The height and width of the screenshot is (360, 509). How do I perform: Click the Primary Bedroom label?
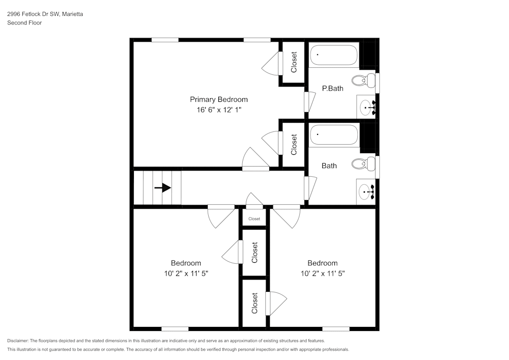219,99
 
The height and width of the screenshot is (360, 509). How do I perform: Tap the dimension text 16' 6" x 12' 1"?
219,109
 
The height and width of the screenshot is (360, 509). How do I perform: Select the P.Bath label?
332,88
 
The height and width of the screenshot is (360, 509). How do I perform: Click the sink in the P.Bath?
366,107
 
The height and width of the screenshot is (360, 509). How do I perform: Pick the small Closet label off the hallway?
254,219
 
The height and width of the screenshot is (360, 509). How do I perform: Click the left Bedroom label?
186,263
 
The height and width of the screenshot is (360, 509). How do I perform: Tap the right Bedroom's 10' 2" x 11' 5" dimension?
323,273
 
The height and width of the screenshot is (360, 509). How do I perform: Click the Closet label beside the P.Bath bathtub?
294,63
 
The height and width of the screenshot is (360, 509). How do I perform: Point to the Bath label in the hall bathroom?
329,165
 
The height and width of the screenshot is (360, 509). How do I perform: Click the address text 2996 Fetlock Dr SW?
34,14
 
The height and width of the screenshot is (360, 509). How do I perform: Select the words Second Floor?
24,23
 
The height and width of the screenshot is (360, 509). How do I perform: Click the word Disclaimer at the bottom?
18,341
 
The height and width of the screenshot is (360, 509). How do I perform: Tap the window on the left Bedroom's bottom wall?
175,328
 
